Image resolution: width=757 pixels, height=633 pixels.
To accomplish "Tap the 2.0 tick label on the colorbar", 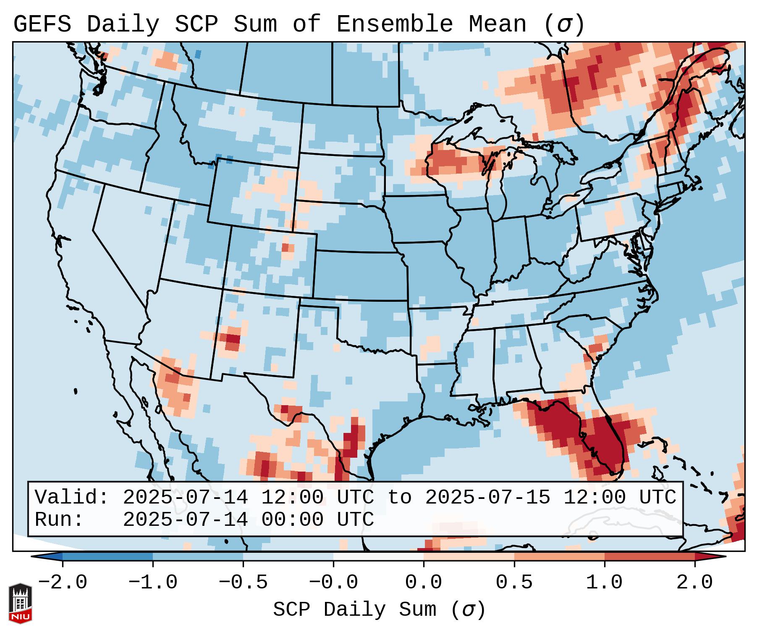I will [x=694, y=583].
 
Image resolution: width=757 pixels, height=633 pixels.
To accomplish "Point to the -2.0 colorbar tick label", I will [x=63, y=583].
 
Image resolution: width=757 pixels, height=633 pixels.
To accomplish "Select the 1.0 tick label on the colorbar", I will [x=604, y=583].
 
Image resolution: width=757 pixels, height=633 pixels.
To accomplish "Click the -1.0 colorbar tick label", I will [x=153, y=583].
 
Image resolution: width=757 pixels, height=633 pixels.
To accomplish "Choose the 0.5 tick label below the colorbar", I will [x=514, y=583].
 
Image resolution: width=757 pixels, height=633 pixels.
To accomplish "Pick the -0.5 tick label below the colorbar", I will [x=243, y=583].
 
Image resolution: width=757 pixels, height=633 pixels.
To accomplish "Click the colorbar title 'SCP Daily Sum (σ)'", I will [x=379, y=609].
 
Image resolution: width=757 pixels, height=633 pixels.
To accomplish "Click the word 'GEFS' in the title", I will [x=42, y=24].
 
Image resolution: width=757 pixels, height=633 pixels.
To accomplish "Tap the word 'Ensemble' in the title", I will [x=394, y=24].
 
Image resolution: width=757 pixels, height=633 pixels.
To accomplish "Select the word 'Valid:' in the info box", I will [x=72, y=497].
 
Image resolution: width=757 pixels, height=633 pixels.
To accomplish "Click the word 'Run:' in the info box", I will [x=59, y=520].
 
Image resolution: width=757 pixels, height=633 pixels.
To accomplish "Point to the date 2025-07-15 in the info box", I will [x=487, y=497].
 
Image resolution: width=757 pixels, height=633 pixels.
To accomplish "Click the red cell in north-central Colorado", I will [x=286, y=247].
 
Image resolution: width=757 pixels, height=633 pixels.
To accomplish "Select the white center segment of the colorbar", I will [x=378, y=557].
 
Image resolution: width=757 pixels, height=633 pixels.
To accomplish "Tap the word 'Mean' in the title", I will [x=497, y=24].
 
